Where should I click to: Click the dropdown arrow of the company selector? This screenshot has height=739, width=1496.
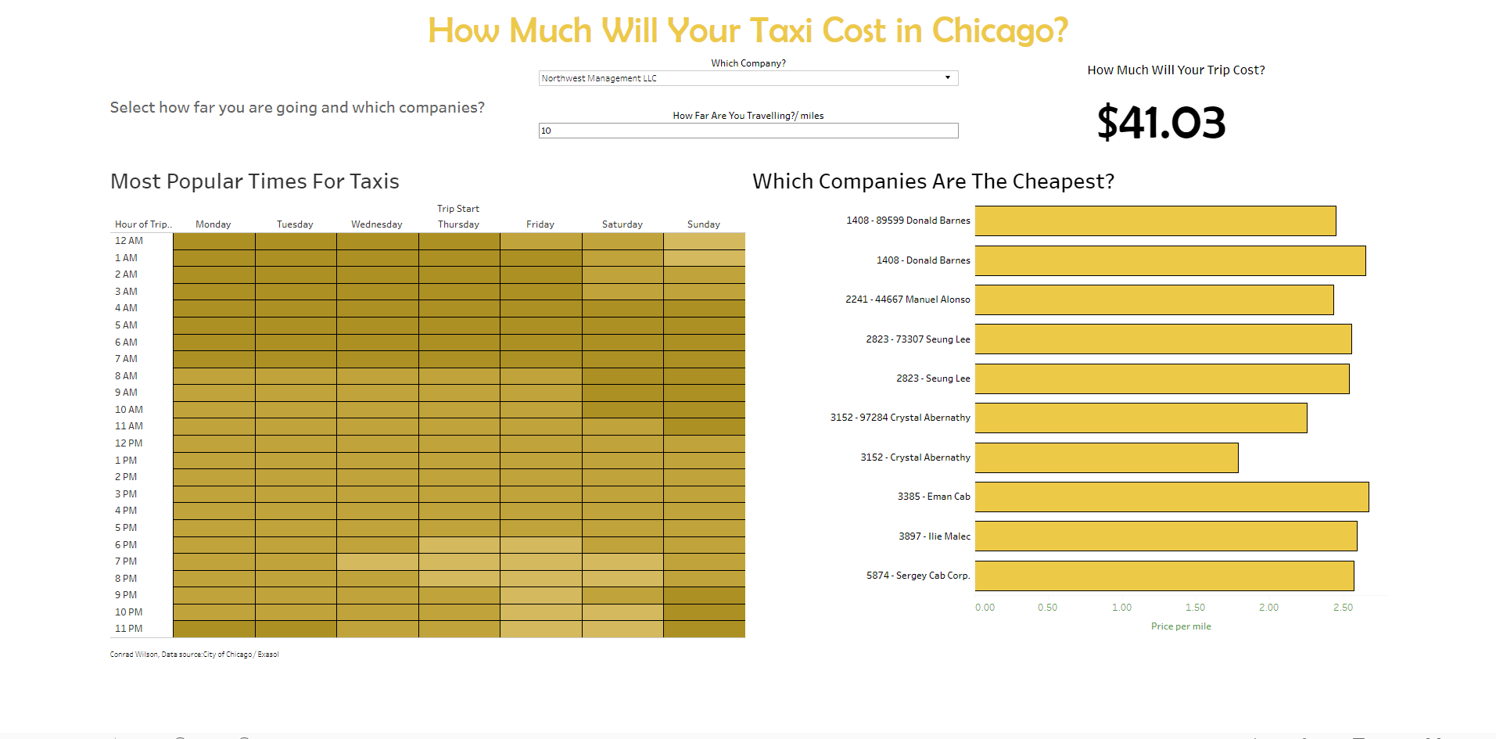click(947, 77)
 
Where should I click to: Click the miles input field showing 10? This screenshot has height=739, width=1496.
click(748, 131)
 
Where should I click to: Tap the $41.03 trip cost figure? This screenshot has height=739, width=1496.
click(1161, 123)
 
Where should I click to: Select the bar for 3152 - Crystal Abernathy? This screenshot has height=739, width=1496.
click(1106, 457)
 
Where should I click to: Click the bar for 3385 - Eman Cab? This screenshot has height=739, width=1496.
click(1171, 497)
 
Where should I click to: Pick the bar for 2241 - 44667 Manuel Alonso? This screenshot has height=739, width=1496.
click(1153, 300)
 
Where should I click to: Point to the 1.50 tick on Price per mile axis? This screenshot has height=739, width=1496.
click(1195, 608)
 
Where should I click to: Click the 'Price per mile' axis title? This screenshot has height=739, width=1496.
click(1181, 626)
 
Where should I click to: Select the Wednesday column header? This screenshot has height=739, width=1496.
click(377, 224)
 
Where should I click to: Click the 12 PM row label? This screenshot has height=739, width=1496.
click(129, 443)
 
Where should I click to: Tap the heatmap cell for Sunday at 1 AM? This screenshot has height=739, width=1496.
click(704, 258)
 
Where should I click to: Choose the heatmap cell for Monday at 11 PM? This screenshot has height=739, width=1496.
click(213, 629)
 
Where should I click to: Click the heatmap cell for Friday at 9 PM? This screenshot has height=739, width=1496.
click(540, 595)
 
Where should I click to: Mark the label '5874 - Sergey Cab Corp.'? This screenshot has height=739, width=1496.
click(917, 576)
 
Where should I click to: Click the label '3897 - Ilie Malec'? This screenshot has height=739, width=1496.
click(934, 536)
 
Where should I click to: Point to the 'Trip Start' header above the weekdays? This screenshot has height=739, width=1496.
click(458, 209)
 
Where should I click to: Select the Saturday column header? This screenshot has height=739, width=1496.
click(622, 224)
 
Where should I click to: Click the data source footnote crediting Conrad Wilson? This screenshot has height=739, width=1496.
click(194, 655)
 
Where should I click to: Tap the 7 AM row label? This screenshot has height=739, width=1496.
click(126, 359)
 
